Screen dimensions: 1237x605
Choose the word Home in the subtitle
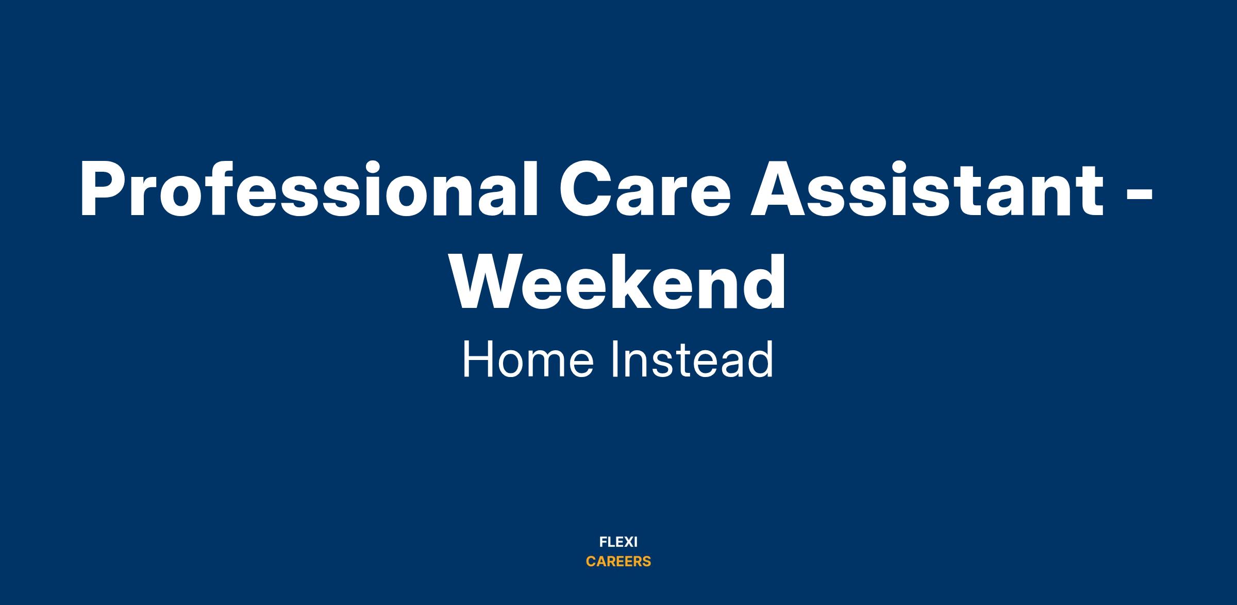(x=528, y=359)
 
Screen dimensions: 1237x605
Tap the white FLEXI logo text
(x=618, y=542)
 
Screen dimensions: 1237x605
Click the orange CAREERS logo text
(x=618, y=562)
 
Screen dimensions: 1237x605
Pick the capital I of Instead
(x=614, y=359)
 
